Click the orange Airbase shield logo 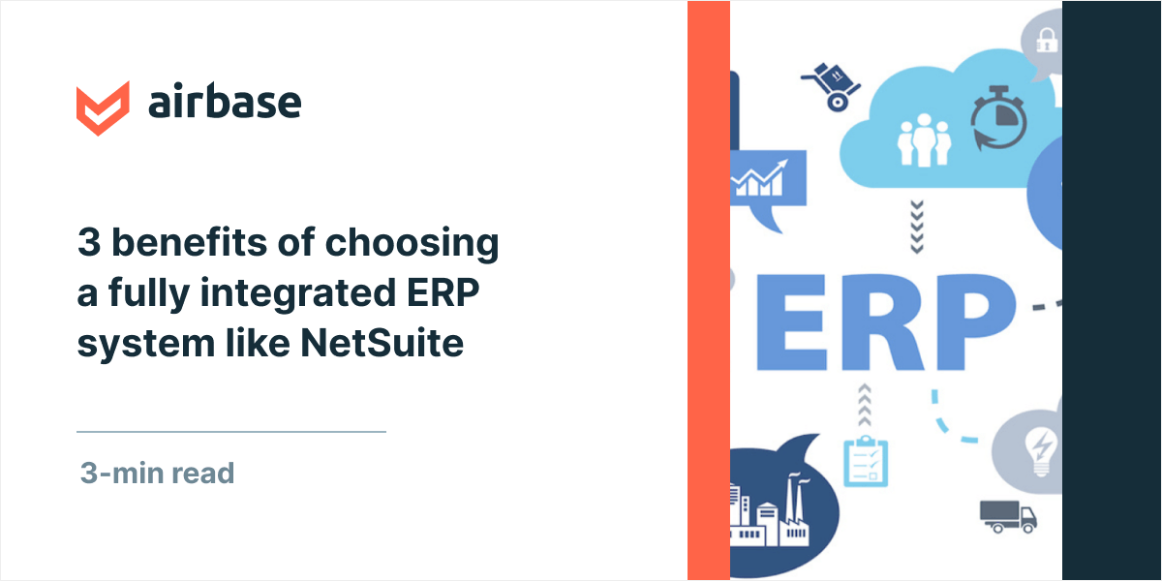[x=103, y=106]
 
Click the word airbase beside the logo [x=224, y=103]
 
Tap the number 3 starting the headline [x=88, y=243]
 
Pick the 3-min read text [x=157, y=474]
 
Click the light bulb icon [x=1041, y=451]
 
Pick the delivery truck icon [x=1008, y=515]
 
